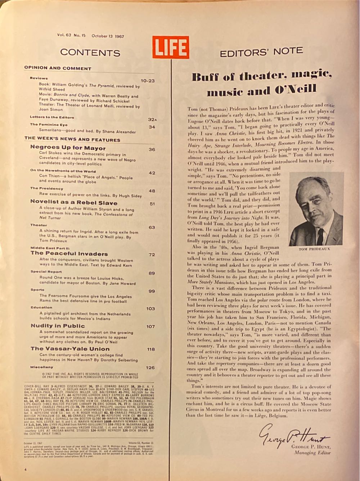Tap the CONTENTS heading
(90, 53)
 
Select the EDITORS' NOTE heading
(261, 53)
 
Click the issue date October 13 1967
(108, 36)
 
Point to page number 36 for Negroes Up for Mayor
(152, 149)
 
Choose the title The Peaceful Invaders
(69, 253)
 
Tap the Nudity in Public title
(58, 326)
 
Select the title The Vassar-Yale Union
(70, 349)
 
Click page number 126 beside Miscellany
(150, 368)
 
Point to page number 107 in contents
(150, 327)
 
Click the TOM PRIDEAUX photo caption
(314, 249)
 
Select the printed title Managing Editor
(312, 453)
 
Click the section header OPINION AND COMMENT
(58, 68)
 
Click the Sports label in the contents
(37, 289)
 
